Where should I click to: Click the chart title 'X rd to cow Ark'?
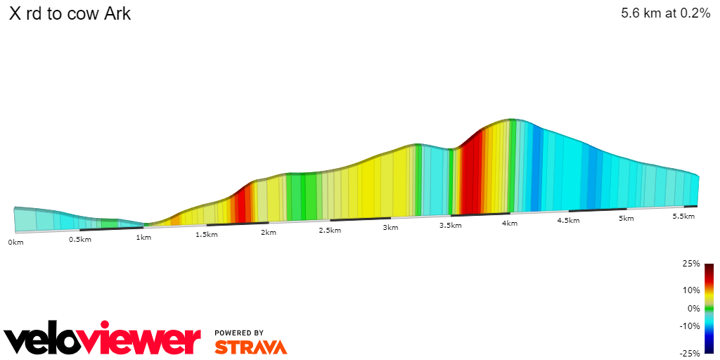click(x=70, y=13)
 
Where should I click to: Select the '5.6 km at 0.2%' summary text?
click(x=665, y=13)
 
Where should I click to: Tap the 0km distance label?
click(x=15, y=242)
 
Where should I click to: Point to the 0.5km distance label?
click(x=79, y=239)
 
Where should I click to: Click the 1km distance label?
click(x=143, y=237)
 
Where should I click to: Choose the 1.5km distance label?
click(x=206, y=234)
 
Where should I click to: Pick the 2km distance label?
click(x=268, y=232)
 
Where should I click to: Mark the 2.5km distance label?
click(x=330, y=230)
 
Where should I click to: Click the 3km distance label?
click(x=391, y=228)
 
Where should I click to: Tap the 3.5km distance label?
click(x=450, y=226)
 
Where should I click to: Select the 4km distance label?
click(x=510, y=224)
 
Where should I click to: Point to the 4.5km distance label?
click(x=568, y=221)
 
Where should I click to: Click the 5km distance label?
click(x=626, y=219)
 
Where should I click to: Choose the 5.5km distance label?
click(x=683, y=217)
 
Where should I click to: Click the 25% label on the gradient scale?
click(x=692, y=264)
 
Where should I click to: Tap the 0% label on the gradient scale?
click(x=694, y=308)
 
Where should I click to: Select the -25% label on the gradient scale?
click(x=690, y=353)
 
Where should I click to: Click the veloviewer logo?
click(x=103, y=341)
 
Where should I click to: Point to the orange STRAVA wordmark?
click(x=251, y=347)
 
